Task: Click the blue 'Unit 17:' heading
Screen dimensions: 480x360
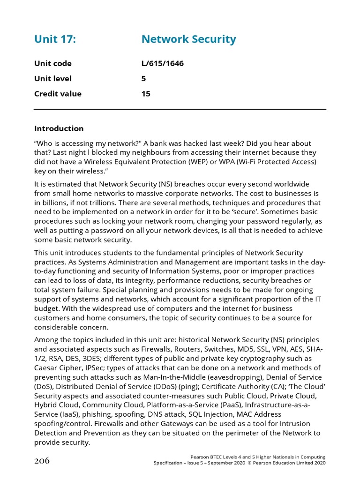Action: point(55,39)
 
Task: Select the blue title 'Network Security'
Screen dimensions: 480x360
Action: point(188,39)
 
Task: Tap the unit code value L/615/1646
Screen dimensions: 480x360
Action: point(162,64)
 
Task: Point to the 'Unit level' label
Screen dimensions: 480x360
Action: point(53,79)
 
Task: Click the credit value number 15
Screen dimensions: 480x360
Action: point(146,94)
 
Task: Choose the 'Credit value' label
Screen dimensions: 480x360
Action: point(58,94)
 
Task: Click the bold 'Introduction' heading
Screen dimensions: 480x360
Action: point(59,128)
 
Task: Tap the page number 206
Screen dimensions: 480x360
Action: point(42,460)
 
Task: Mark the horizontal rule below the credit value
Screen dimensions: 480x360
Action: point(180,110)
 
